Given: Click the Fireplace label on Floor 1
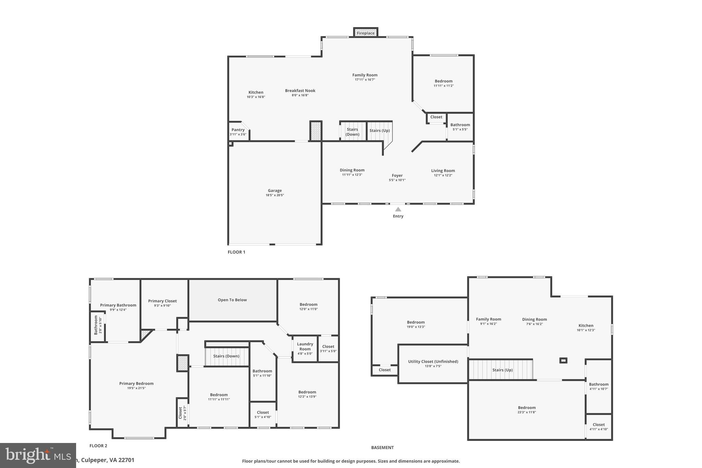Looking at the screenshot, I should [365, 33].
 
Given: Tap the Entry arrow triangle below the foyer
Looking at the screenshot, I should [398, 209].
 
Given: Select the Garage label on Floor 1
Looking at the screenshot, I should [275, 191].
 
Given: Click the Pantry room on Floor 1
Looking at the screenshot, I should [238, 132].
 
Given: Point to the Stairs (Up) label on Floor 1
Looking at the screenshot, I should [379, 131].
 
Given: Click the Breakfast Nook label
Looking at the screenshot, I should [300, 91].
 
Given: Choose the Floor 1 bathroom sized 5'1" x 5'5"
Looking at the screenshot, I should [460, 127].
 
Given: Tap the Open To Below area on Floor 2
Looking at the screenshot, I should [232, 300].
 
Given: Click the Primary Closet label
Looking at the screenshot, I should [162, 301].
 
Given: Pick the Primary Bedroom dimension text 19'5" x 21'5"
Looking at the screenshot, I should [136, 388].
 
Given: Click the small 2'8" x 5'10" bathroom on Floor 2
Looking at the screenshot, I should [97, 326].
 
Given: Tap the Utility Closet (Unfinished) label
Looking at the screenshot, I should [433, 361].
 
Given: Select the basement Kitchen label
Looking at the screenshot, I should [586, 326].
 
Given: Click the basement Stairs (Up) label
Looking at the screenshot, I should [502, 370].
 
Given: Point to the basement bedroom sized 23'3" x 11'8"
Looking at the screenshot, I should [526, 410].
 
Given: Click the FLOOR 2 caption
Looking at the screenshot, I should [98, 446].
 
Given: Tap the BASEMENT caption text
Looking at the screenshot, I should [382, 447].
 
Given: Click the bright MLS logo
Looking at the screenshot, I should [38, 455].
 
